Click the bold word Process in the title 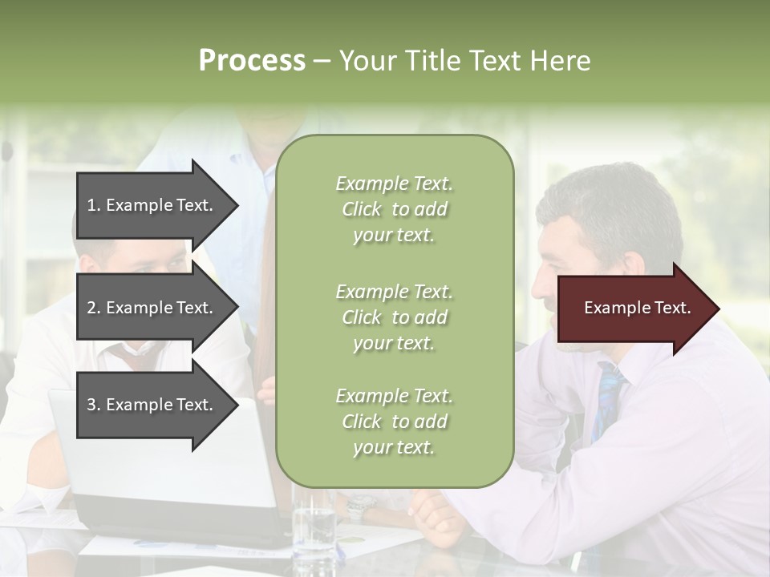pos(252,61)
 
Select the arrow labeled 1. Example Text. pos(152,205)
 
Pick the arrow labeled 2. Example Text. pos(152,308)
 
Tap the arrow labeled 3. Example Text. pos(152,405)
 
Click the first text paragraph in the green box pos(394,209)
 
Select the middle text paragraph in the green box pos(394,317)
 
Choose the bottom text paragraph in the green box pos(394,422)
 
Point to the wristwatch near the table pos(361,506)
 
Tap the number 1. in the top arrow pos(94,205)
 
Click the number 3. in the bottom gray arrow pos(94,405)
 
